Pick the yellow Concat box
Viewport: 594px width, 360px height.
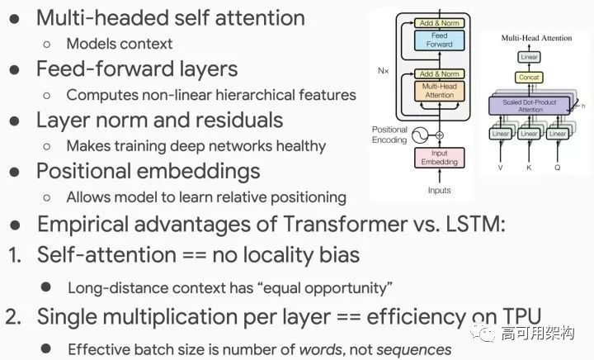pos(529,77)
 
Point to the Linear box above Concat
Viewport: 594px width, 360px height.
pos(529,56)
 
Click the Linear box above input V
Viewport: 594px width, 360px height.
pos(501,134)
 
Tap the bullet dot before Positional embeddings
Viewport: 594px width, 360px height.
pos(15,172)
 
